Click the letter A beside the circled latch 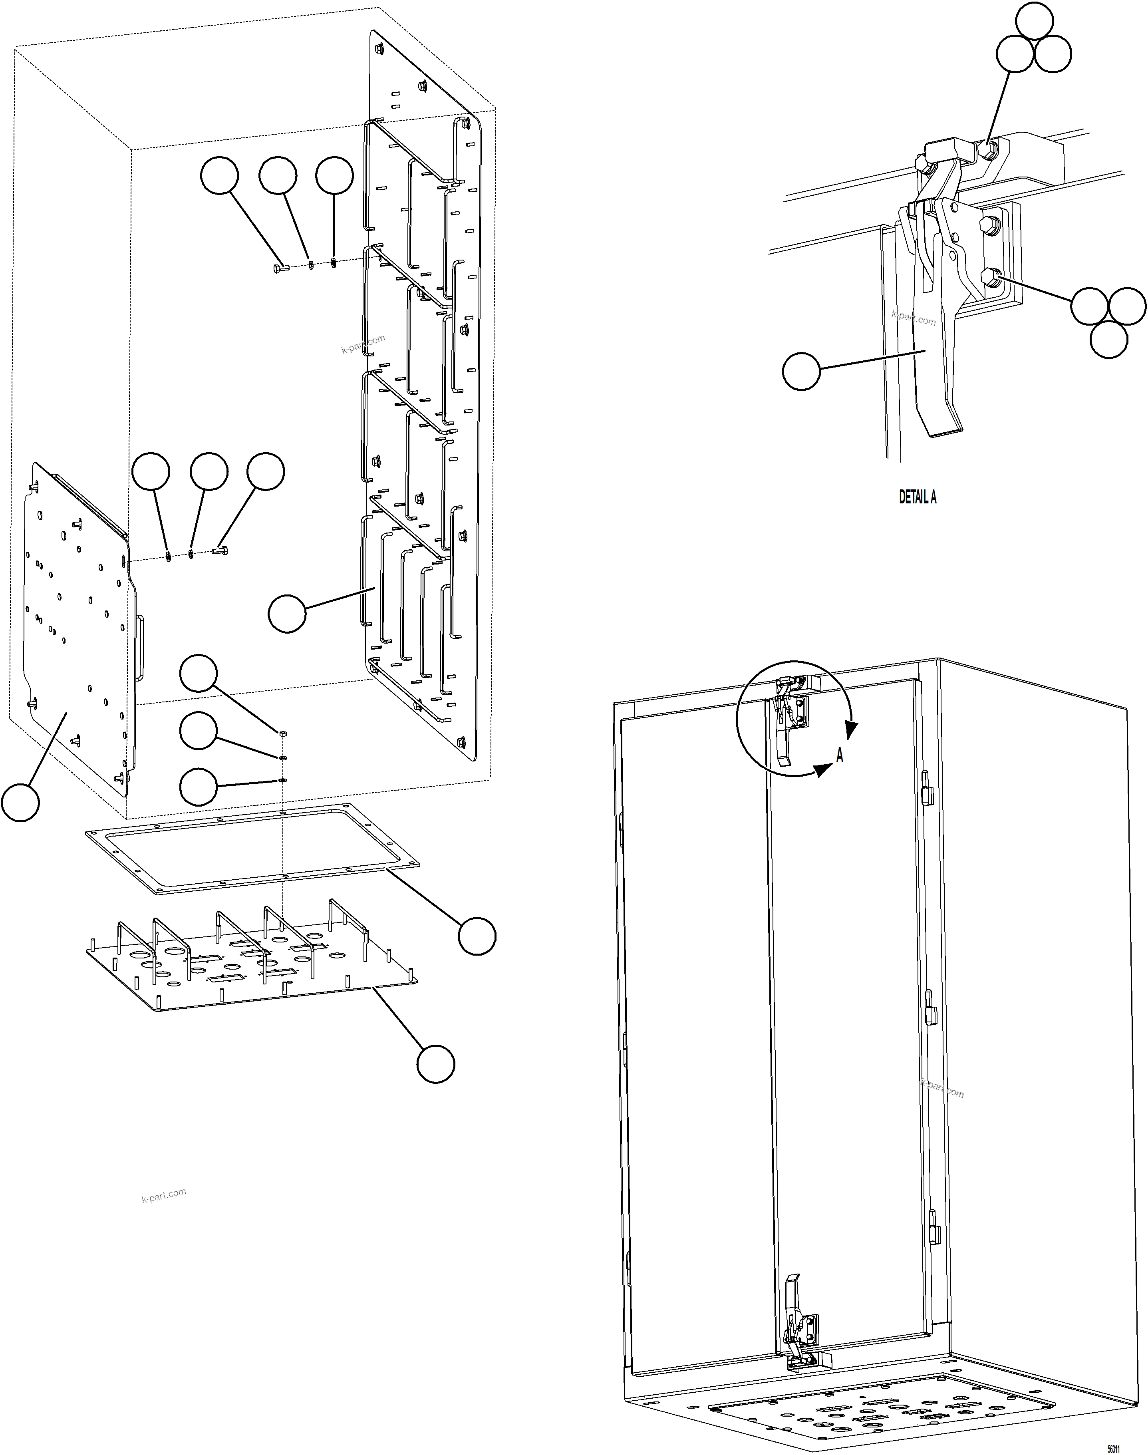point(840,756)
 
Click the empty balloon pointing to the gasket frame point(477,936)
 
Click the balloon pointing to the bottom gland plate point(435,1063)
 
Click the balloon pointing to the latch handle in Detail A point(801,371)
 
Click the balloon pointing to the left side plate point(20,802)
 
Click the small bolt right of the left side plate point(220,551)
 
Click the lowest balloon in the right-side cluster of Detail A point(1108,340)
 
